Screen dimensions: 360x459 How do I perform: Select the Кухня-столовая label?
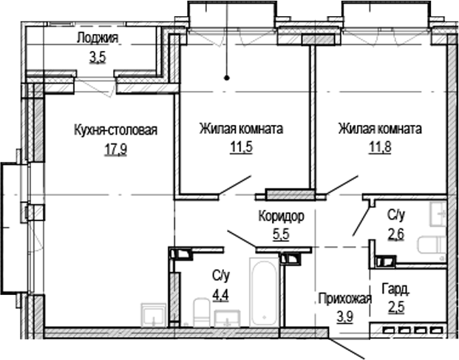click(116, 129)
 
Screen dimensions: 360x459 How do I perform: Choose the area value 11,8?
click(379, 146)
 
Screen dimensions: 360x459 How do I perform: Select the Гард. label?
click(395, 289)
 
